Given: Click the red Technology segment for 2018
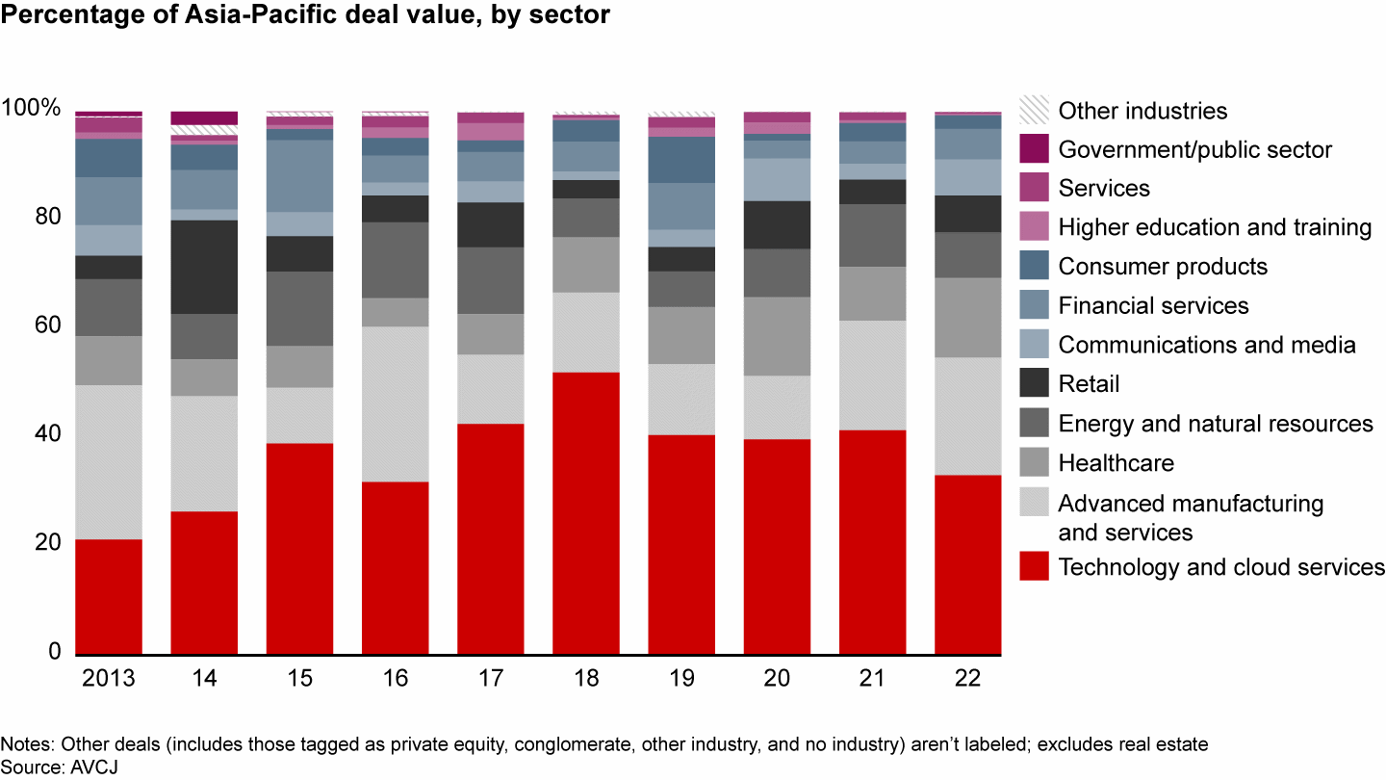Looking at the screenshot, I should click(x=586, y=513).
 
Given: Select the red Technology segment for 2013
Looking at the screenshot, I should click(x=109, y=597).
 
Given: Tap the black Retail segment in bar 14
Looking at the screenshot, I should click(x=204, y=267).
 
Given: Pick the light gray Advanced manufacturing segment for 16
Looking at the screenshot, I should click(x=396, y=403).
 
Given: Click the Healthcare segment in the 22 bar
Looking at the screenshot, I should click(x=968, y=318).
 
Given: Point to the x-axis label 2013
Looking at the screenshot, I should click(x=109, y=678).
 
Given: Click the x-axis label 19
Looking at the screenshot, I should click(x=681, y=678).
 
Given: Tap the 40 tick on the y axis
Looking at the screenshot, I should click(x=46, y=434).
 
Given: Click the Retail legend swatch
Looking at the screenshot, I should click(x=1034, y=384).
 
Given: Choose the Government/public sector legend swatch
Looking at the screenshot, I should click(x=1034, y=149).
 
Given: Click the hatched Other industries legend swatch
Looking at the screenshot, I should click(x=1034, y=110).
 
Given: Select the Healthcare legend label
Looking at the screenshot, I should click(x=1116, y=463).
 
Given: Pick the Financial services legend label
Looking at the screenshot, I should click(x=1153, y=305).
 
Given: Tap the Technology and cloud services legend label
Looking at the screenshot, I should click(x=1221, y=567).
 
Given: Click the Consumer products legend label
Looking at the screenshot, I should click(x=1163, y=266).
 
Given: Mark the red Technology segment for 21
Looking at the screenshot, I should click(x=873, y=542).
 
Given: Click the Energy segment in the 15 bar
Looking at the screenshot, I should click(x=299, y=308).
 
